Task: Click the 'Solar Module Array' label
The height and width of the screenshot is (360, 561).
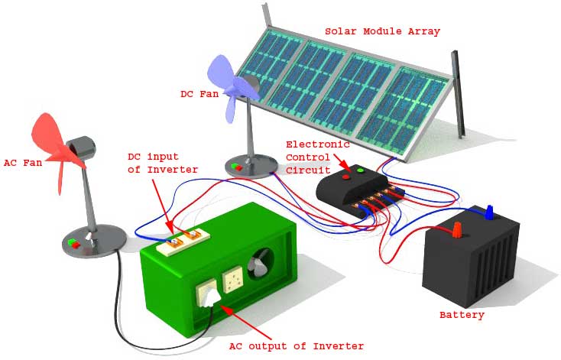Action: point(382,31)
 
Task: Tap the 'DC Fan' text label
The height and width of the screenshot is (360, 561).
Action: point(199,93)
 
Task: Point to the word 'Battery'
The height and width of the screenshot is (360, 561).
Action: point(462,315)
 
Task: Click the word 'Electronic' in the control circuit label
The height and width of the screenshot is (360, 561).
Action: point(316,144)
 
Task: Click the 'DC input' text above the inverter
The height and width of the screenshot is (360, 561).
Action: point(152,157)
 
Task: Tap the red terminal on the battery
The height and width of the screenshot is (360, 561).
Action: point(457,229)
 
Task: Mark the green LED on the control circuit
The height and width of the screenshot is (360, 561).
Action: point(360,170)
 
